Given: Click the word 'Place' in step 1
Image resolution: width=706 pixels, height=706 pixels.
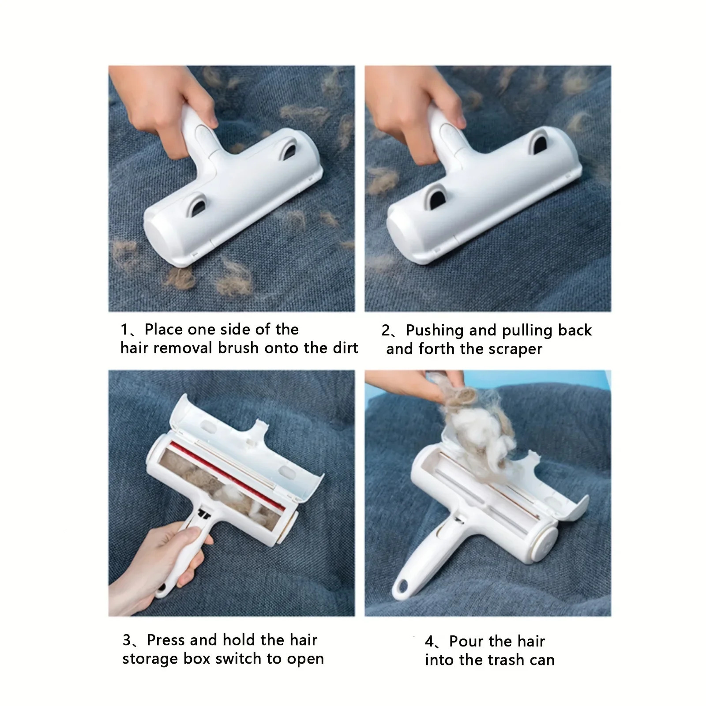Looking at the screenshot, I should [164, 330].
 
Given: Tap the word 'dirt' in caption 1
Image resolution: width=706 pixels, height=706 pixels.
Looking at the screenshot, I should [345, 348].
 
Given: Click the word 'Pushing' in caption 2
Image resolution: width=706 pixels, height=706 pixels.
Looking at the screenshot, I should [434, 330].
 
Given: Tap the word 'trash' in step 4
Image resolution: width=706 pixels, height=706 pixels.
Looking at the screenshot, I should [506, 660].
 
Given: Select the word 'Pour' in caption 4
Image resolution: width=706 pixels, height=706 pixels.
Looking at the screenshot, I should [466, 641].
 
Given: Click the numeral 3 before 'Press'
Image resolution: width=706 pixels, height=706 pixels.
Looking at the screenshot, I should [127, 640].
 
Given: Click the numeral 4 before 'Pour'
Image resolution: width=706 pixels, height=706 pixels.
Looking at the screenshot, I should [430, 642].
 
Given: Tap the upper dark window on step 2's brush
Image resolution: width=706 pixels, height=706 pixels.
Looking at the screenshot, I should [539, 142].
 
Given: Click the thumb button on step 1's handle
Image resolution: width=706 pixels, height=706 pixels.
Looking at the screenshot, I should [200, 134].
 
